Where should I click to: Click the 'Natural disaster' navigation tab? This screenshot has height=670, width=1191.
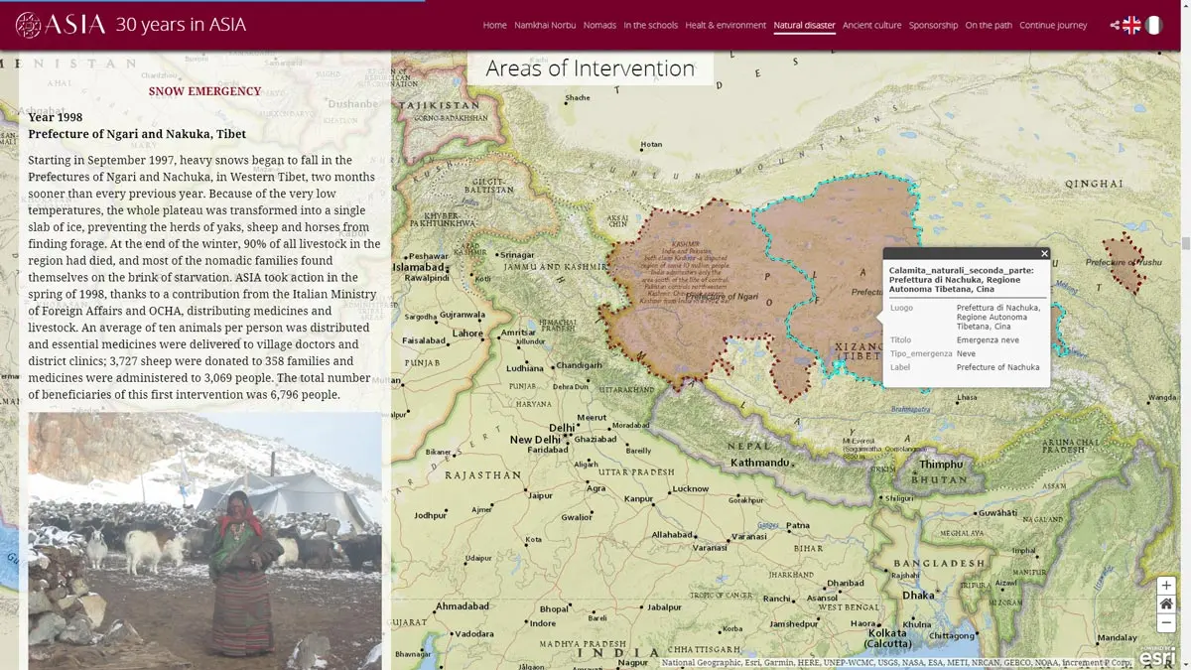click(804, 25)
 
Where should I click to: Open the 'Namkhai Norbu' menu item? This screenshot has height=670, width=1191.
click(545, 25)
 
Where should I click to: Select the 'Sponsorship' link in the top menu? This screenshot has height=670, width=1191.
click(933, 25)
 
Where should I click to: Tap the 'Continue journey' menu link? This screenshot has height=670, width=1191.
click(1052, 25)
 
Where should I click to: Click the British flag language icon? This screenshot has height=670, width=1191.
click(1131, 26)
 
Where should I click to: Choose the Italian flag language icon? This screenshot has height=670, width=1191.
click(1154, 26)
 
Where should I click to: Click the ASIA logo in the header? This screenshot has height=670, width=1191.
click(61, 25)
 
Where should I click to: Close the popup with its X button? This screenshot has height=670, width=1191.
click(1044, 254)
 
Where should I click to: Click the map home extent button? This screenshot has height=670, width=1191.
click(1166, 603)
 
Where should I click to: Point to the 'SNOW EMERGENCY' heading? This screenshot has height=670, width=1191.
click(204, 91)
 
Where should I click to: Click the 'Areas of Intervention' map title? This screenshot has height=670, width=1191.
click(590, 67)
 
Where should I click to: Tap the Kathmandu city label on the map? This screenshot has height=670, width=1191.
click(759, 463)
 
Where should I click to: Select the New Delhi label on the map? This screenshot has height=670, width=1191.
click(535, 440)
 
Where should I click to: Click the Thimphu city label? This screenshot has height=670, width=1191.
click(941, 465)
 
